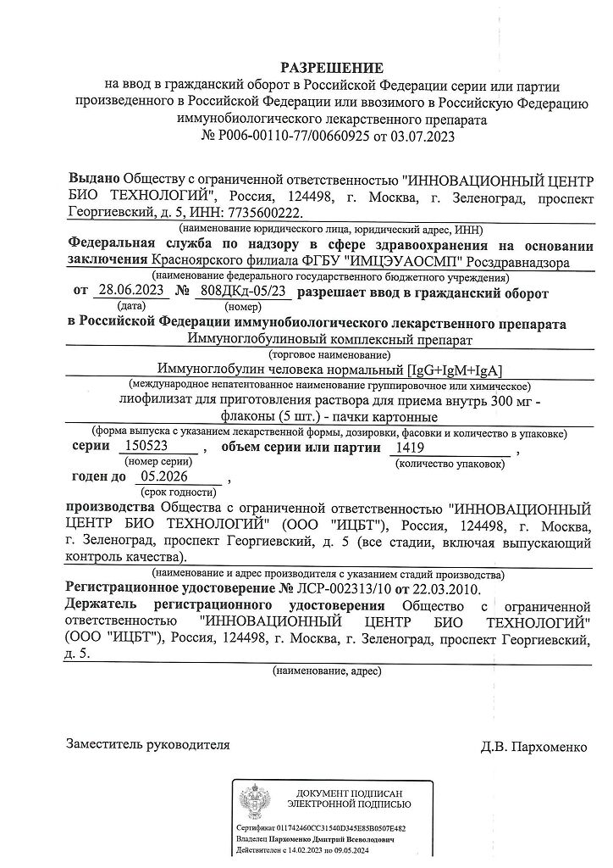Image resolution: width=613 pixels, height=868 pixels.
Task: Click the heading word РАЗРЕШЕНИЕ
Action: coord(332,68)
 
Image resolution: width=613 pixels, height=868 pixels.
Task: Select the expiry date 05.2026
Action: coord(166,477)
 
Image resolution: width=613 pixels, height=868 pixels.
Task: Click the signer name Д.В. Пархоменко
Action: coord(533,747)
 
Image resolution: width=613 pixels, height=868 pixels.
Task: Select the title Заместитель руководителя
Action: coord(148,744)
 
